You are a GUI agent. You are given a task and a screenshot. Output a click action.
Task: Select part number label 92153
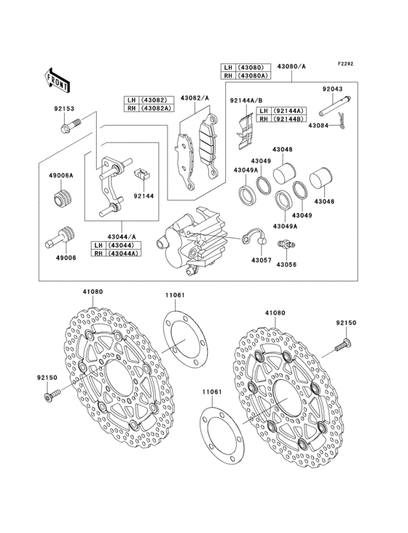[63, 109]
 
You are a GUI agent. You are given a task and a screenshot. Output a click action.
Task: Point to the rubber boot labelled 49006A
[63, 198]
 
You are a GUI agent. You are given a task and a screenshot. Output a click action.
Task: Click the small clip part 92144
[143, 175]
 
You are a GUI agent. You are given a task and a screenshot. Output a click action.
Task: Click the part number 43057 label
[261, 260]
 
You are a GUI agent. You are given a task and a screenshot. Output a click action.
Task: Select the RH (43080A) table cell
[246, 75]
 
